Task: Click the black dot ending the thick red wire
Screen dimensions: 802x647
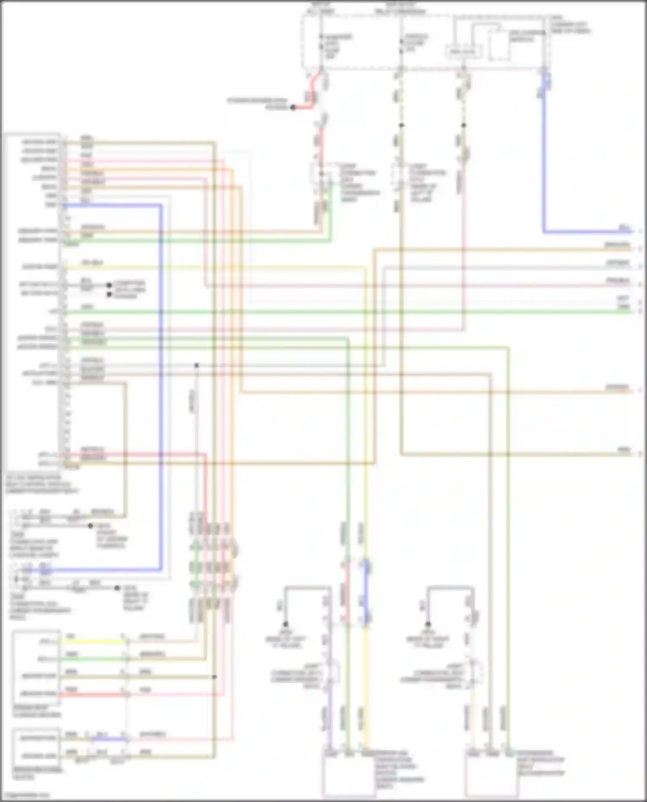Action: click(293, 107)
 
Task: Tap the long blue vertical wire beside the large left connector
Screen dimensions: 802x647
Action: click(161, 388)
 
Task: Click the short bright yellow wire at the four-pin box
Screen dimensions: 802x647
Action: click(93, 641)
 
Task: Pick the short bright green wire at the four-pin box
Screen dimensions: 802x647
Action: click(93, 659)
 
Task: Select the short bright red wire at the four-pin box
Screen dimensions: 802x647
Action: click(93, 694)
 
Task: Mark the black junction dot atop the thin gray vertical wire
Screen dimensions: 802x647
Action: click(196, 365)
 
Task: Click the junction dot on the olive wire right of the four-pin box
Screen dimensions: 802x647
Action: click(214, 677)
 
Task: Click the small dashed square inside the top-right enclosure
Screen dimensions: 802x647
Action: click(500, 45)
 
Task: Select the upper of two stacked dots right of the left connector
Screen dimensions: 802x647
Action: click(109, 285)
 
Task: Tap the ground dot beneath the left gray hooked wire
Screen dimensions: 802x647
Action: click(285, 624)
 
